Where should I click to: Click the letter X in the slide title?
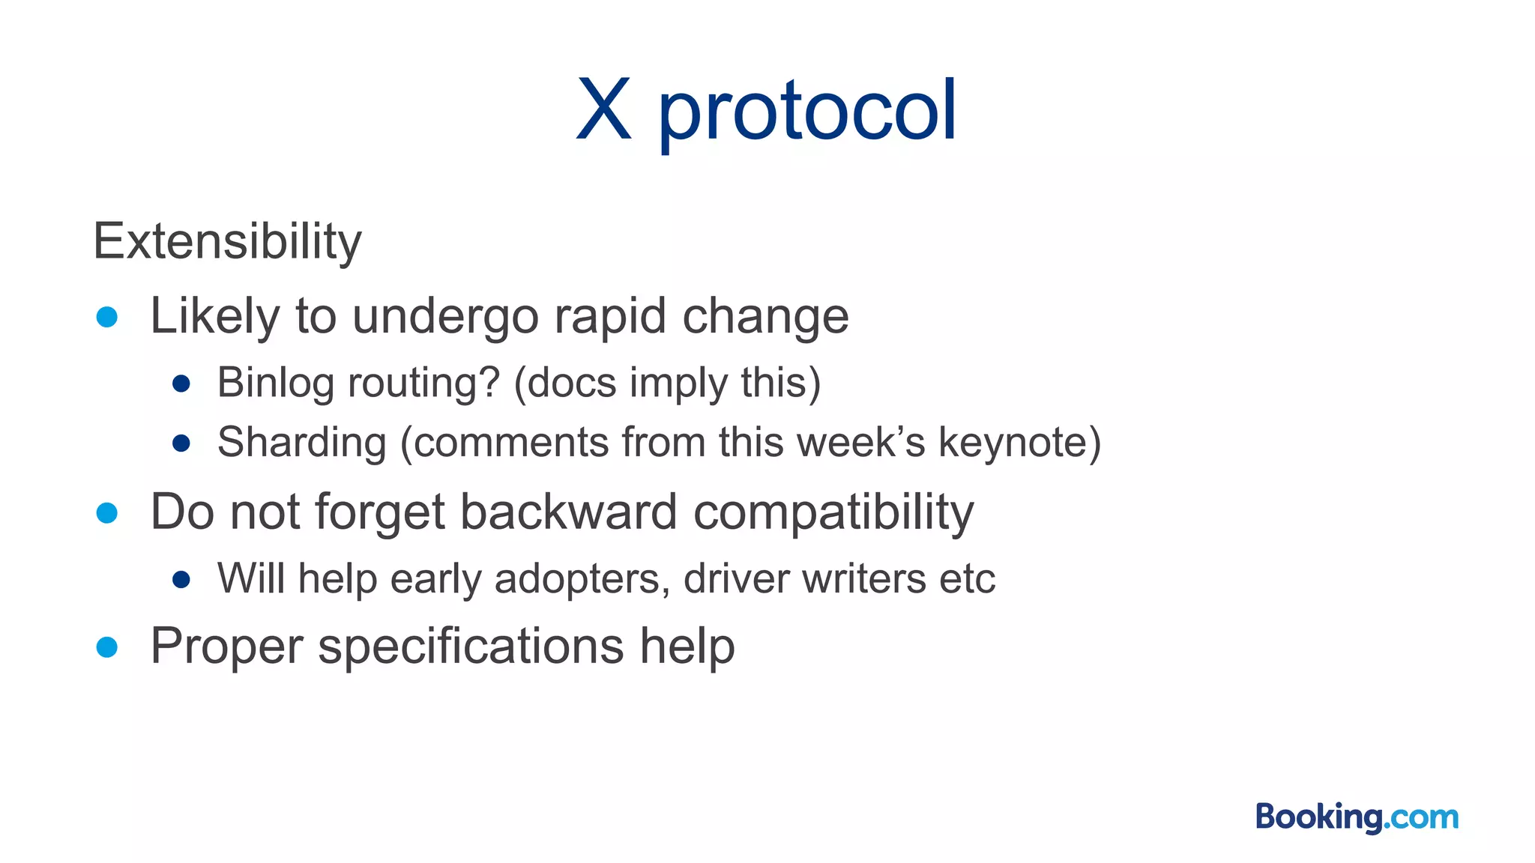click(603, 111)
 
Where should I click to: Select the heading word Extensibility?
click(227, 241)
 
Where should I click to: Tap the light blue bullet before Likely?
click(107, 317)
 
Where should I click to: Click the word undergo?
click(445, 317)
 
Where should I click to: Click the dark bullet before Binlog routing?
click(181, 384)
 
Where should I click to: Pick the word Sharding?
click(301, 442)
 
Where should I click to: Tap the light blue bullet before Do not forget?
click(107, 513)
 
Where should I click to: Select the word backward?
click(568, 512)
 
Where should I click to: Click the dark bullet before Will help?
click(181, 579)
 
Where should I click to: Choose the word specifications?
click(471, 647)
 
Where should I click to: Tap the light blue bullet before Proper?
click(107, 647)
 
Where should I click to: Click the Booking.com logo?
click(1357, 817)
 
